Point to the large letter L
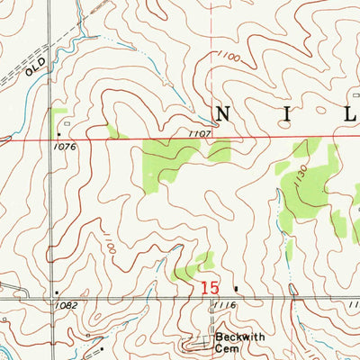(347, 113)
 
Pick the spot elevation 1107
(200, 132)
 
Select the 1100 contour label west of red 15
(109, 242)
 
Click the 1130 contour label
(304, 180)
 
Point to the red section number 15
(210, 288)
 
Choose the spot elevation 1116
(224, 307)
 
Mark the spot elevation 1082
(67, 306)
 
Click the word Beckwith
(233, 338)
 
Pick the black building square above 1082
(58, 292)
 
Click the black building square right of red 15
(237, 289)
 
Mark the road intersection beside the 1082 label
(50, 298)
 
